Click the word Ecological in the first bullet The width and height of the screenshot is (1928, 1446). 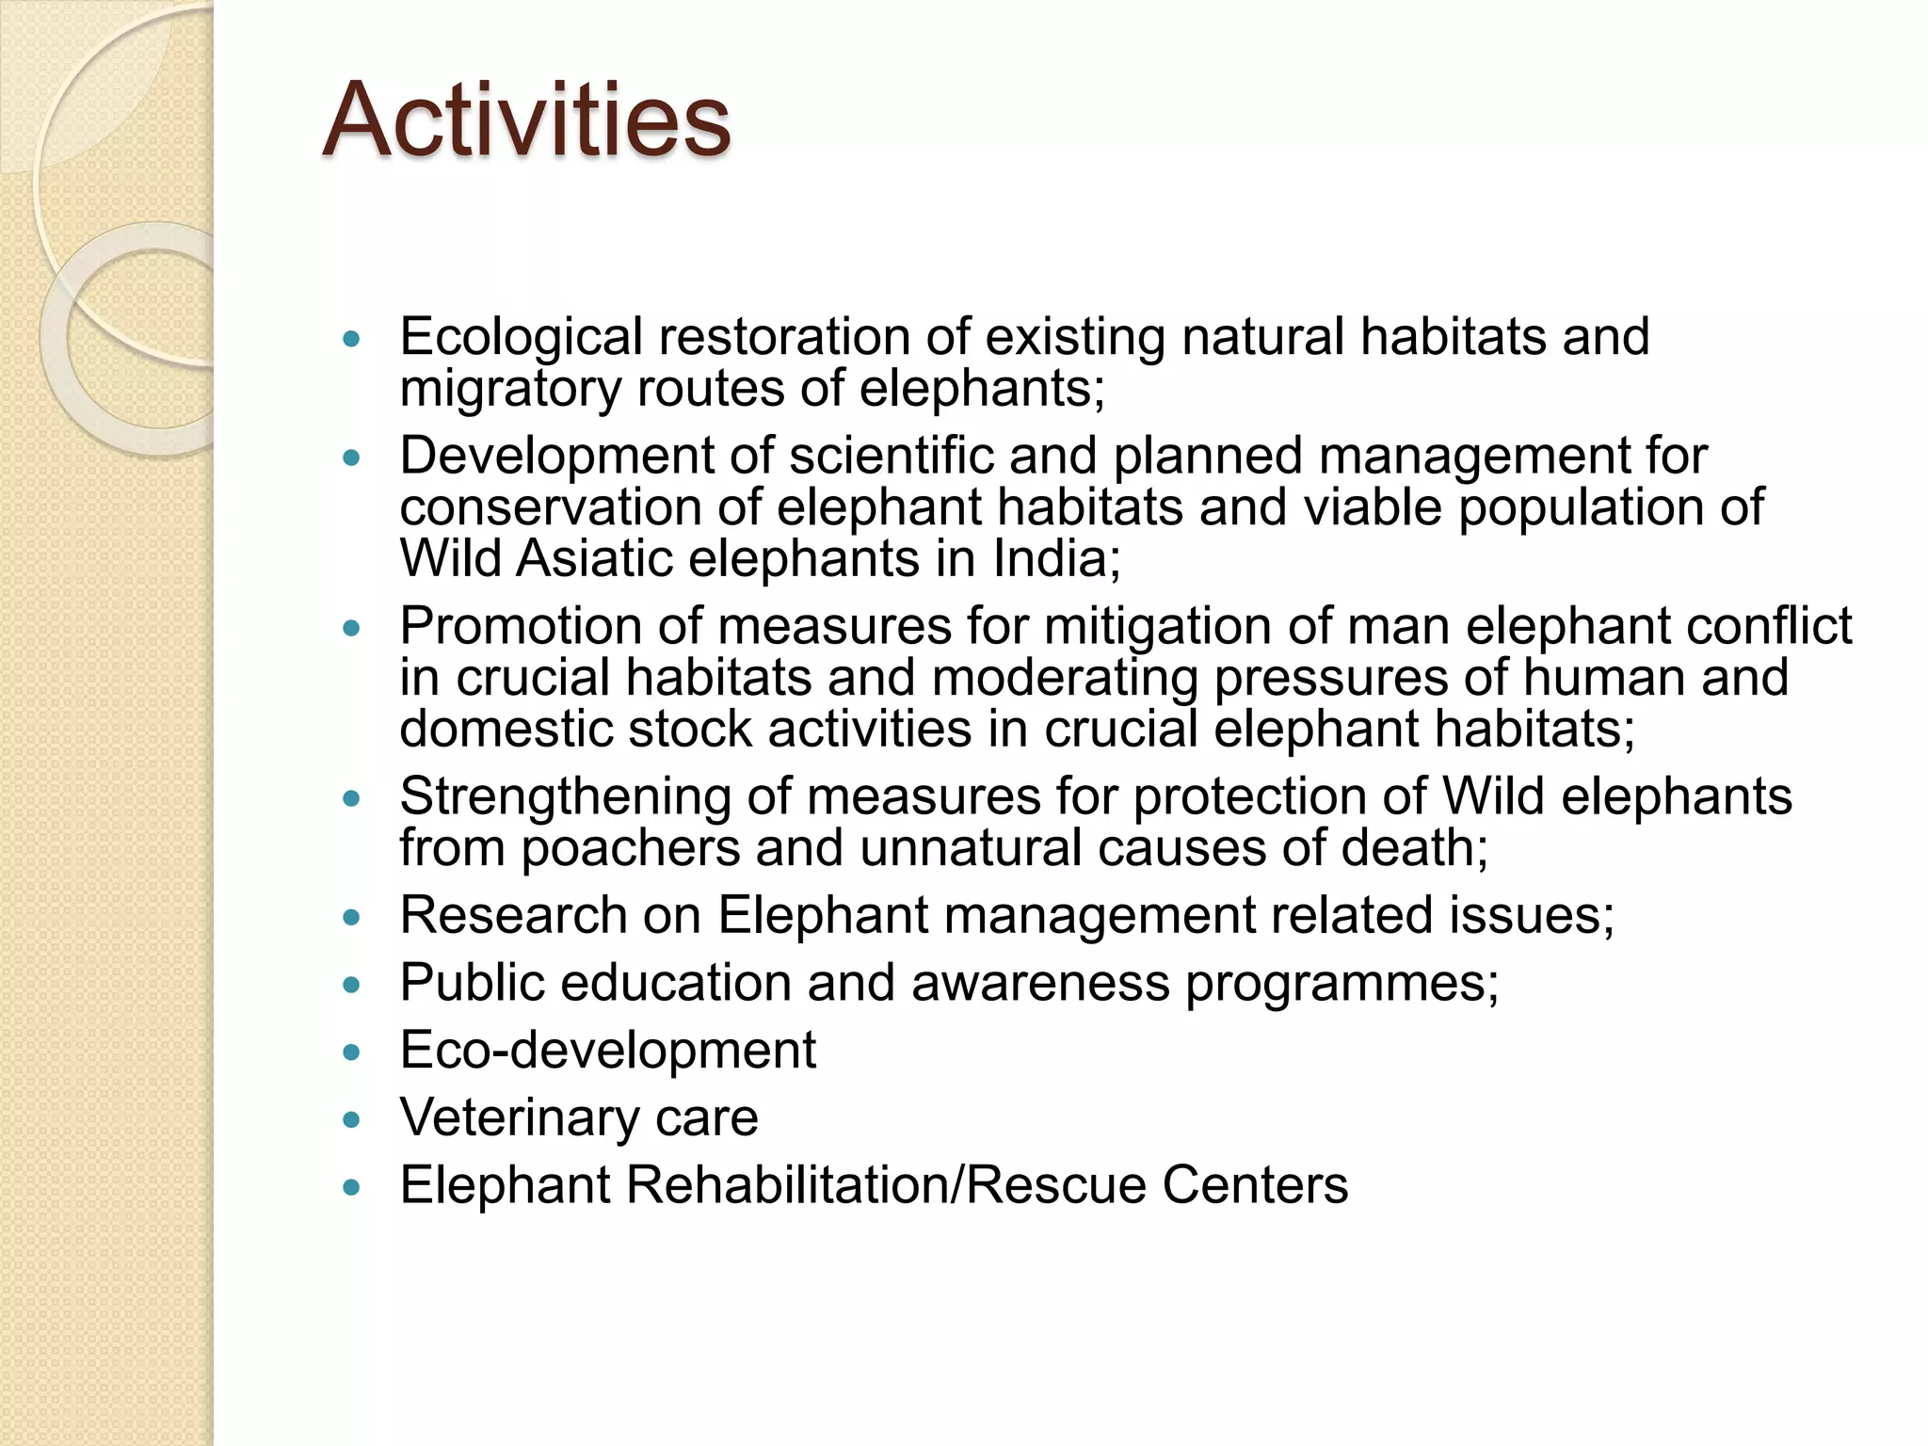(521, 337)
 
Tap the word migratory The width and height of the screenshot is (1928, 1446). (509, 389)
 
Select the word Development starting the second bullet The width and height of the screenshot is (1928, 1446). (556, 456)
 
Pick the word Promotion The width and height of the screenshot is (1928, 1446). (521, 626)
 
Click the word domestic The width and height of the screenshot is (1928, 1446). (505, 730)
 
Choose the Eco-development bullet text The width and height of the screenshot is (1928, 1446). (607, 1050)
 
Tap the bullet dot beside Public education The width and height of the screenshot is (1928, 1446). (352, 986)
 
